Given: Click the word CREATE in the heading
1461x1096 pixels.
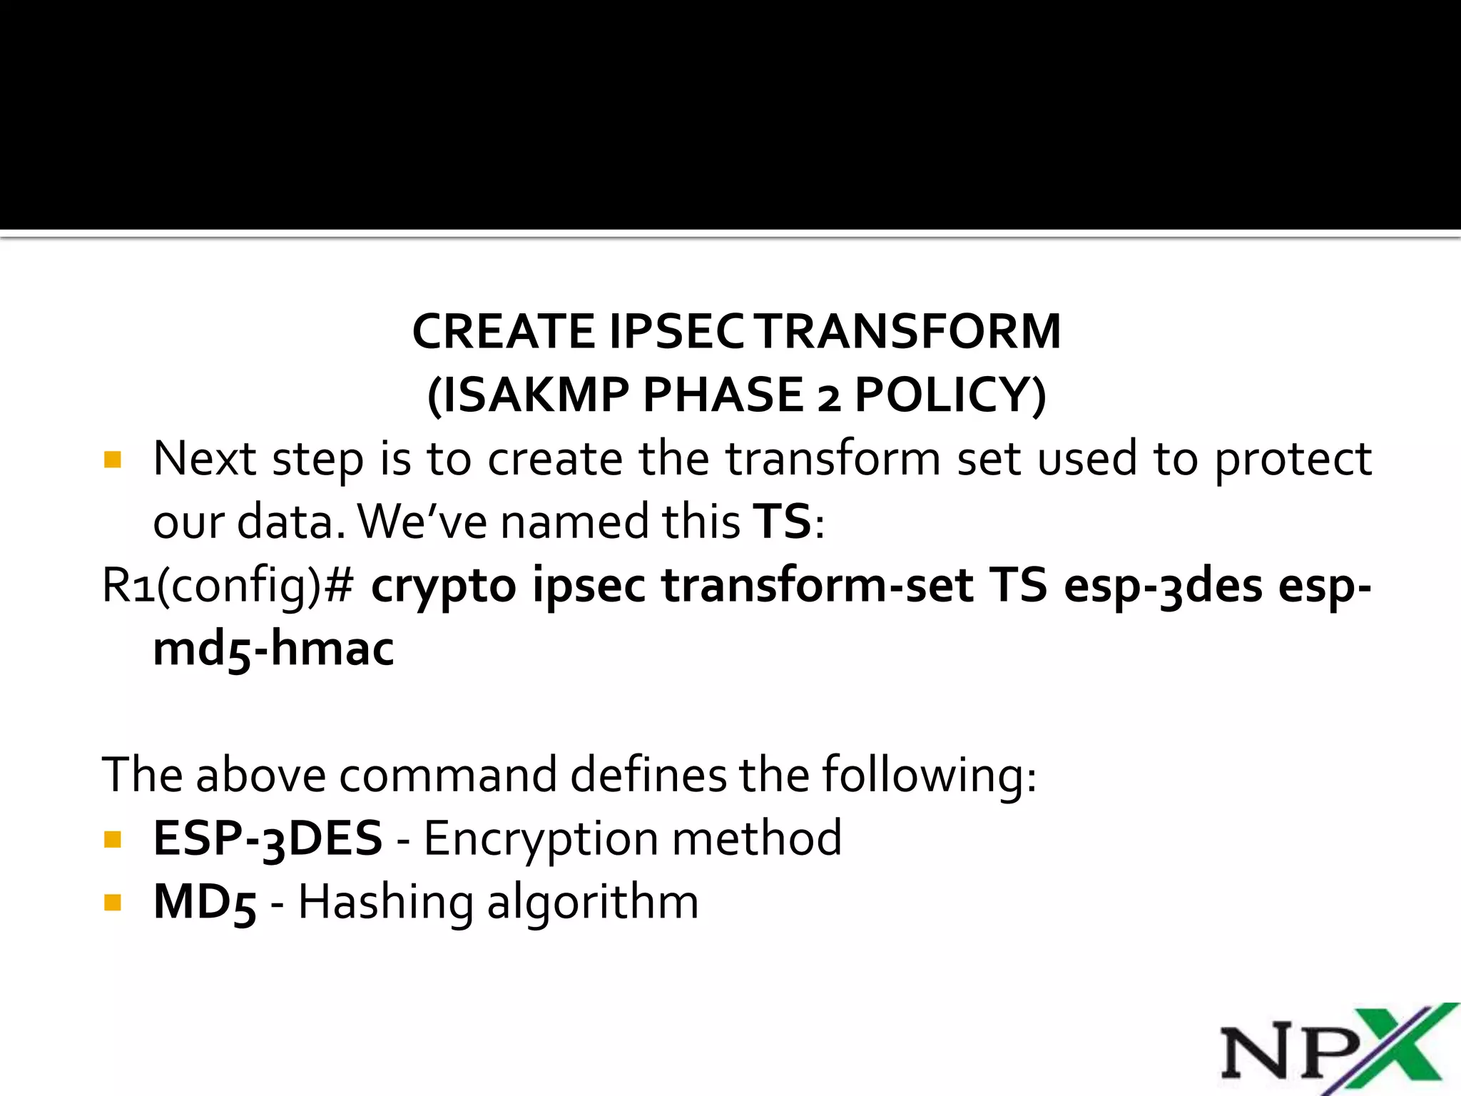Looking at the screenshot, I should tap(503, 332).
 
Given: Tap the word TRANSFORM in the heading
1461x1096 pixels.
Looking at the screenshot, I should tap(909, 332).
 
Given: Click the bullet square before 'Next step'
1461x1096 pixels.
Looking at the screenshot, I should tap(112, 459).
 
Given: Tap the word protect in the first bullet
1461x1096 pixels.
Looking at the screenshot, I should tap(1293, 459).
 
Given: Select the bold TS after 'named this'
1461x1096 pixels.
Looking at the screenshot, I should tap(783, 521).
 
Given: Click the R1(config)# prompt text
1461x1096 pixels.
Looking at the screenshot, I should tap(228, 585).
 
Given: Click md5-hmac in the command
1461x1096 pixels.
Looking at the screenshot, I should tap(273, 649).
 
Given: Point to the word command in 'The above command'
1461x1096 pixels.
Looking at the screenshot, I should tap(447, 775).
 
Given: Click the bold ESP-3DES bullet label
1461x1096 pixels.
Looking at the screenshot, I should tap(268, 838).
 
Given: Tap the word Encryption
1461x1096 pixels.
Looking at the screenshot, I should tap(540, 838).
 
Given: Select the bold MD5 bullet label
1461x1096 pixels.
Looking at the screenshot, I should tap(205, 903).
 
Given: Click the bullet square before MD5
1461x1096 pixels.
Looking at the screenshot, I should tap(112, 903).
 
